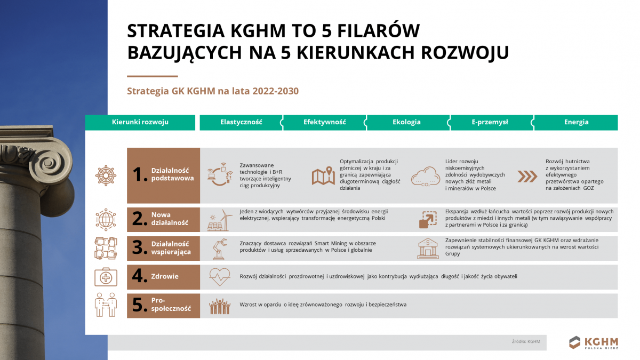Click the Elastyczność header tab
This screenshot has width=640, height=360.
(x=241, y=122)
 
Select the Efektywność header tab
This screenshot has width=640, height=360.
(x=324, y=122)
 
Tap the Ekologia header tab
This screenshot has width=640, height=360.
(x=406, y=122)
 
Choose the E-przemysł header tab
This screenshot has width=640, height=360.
(x=490, y=122)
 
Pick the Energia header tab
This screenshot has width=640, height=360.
(x=576, y=122)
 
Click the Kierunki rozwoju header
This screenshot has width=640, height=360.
(x=140, y=122)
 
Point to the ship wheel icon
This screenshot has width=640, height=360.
(x=106, y=175)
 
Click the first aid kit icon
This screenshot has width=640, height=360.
(x=106, y=277)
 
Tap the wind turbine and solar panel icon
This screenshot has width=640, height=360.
(x=219, y=220)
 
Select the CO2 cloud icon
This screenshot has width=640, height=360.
(x=425, y=176)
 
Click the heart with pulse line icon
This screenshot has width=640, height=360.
(x=219, y=277)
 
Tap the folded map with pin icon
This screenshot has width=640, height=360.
(x=323, y=176)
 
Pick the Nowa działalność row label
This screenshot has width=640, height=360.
(x=171, y=219)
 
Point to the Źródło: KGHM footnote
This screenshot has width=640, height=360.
(x=525, y=341)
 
